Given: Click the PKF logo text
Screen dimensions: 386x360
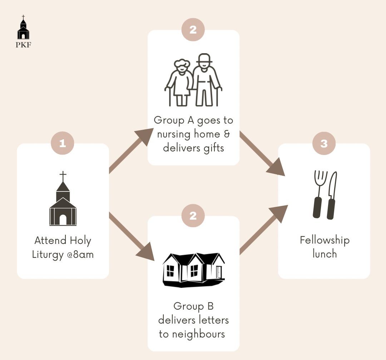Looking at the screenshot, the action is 23,45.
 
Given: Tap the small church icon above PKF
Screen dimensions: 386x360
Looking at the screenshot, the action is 23,27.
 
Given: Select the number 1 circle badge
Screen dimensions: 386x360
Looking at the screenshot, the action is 63,143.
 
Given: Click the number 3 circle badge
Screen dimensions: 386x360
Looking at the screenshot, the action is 324,143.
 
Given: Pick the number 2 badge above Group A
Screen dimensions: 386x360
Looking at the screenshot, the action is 193,30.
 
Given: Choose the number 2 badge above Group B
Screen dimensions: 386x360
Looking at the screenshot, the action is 193,216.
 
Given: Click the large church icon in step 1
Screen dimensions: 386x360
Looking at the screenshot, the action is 63,198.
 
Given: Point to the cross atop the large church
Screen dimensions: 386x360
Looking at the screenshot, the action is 63,176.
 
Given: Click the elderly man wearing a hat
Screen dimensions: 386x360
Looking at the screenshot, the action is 206,80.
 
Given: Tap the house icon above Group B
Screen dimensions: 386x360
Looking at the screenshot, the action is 193,270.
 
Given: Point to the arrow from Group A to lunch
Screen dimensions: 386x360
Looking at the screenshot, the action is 262,154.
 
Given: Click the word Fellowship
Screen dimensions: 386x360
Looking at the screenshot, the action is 325,240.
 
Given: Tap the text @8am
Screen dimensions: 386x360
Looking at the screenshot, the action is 80,254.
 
